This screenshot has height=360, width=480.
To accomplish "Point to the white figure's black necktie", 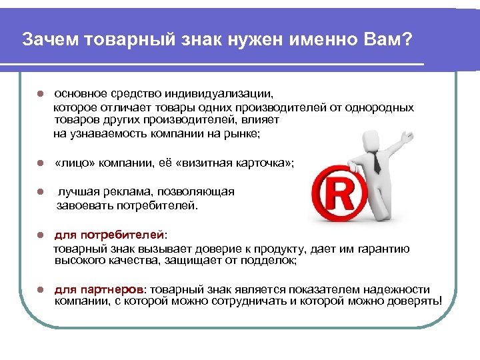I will click(377, 160).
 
